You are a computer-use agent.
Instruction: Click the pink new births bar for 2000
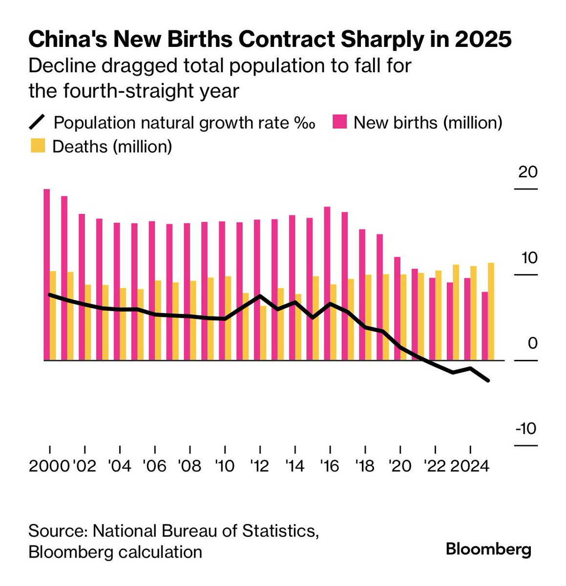pyautogui.click(x=47, y=273)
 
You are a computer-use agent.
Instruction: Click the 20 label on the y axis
pyautogui.click(x=527, y=172)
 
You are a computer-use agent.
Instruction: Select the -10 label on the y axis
pyautogui.click(x=526, y=429)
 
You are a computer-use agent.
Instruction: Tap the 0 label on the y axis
pyautogui.click(x=532, y=343)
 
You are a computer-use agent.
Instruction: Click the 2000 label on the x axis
pyautogui.click(x=49, y=466)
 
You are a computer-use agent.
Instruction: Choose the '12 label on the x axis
pyautogui.click(x=259, y=466)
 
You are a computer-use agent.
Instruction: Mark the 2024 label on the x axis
pyautogui.click(x=469, y=466)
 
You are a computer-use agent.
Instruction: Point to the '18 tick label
pyautogui.click(x=365, y=466)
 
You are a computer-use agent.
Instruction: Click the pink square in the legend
pyautogui.click(x=339, y=122)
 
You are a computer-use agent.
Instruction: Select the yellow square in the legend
pyautogui.click(x=38, y=146)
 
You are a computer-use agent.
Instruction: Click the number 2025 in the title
pyautogui.click(x=483, y=40)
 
